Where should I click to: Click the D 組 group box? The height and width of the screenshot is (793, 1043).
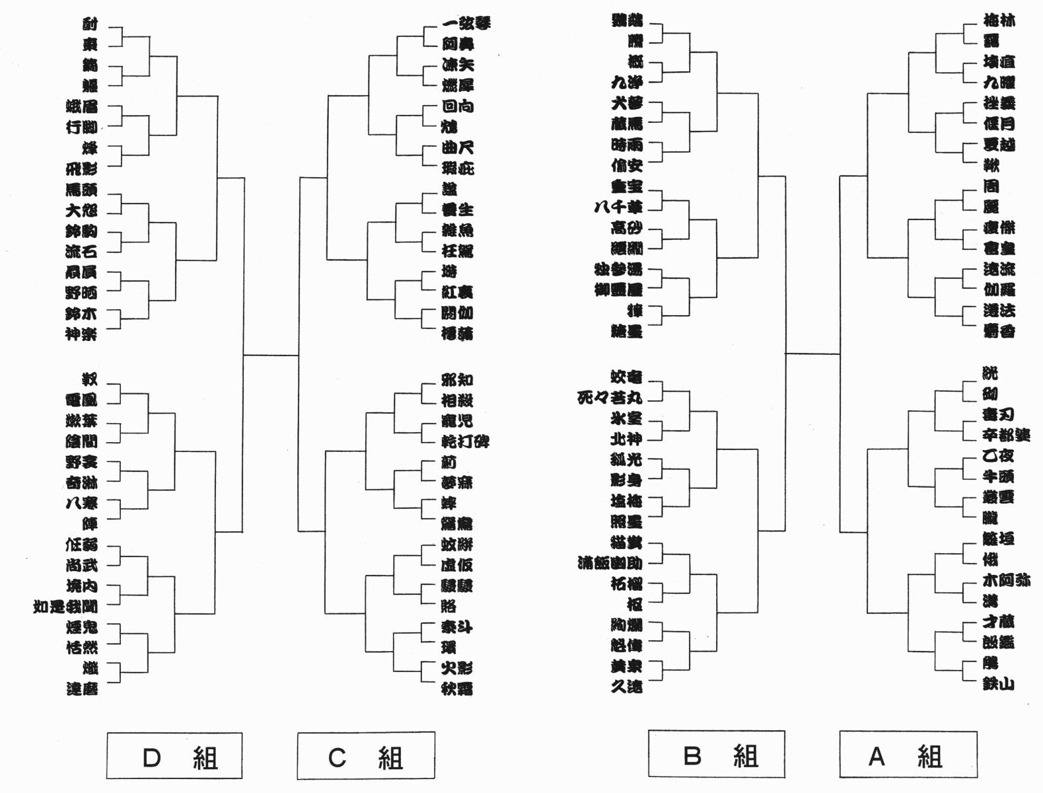coord(174,756)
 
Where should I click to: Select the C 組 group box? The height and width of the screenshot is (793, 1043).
coord(365,756)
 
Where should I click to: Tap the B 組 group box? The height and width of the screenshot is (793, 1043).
coord(717,754)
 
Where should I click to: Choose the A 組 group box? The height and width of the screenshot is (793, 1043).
coord(908,755)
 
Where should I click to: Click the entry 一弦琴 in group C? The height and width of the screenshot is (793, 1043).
coord(466,24)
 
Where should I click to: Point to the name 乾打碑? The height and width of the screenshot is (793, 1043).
coord(465,441)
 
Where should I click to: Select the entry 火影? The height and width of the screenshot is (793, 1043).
coord(456,668)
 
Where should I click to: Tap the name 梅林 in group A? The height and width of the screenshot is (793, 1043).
coord(999,20)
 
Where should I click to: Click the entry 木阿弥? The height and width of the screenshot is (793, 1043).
coord(1006,580)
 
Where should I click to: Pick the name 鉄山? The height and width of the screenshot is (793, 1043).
coord(998,684)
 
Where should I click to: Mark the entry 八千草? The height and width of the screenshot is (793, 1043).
coord(618,207)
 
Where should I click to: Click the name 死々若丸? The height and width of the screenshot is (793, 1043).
coord(609,398)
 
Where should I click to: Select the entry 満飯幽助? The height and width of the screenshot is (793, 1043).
coord(609,563)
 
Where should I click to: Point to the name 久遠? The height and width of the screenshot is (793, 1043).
coord(626,687)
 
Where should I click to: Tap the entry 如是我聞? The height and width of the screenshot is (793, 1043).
coord(65,606)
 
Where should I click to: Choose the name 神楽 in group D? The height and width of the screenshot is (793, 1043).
coord(81,334)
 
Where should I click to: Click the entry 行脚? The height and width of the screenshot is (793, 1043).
coord(81,127)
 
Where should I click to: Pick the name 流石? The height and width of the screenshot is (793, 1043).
coord(81,251)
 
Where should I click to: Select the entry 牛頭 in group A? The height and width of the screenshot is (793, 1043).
coord(997,476)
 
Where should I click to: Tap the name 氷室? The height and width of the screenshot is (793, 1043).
coord(626,418)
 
